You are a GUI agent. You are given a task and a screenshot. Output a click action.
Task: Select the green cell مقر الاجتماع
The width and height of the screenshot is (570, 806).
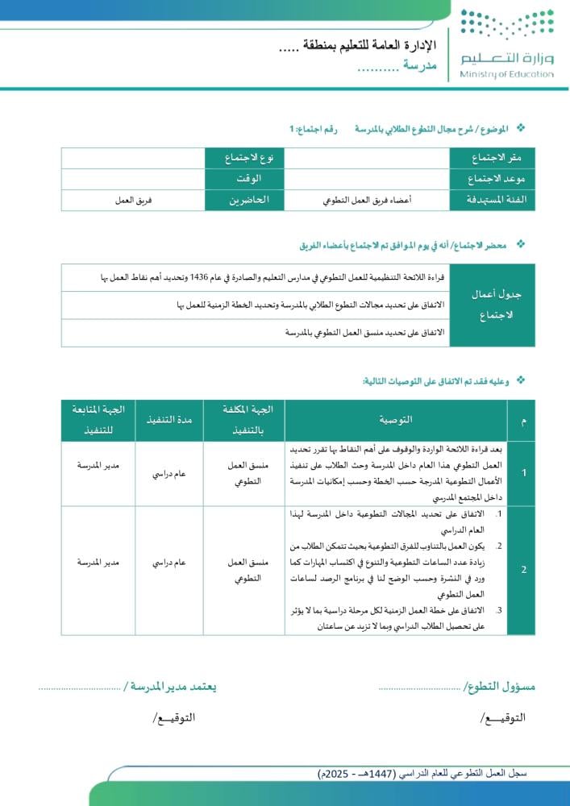click(492, 156)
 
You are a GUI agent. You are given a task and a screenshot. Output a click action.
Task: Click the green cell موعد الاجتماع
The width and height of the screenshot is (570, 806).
click(492, 178)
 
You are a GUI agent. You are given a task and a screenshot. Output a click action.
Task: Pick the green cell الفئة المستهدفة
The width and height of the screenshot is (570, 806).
click(492, 200)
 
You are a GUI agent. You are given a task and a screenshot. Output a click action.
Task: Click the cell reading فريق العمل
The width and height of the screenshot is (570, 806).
click(134, 200)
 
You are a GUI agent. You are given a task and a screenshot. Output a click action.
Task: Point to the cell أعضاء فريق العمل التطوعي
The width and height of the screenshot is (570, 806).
click(367, 200)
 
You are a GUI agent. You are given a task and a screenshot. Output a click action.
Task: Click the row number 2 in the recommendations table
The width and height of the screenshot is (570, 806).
click(523, 570)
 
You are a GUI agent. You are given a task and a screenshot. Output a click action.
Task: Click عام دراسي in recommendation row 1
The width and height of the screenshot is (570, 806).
click(169, 473)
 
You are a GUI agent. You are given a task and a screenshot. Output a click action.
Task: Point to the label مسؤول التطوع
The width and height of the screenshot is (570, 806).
click(500, 687)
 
